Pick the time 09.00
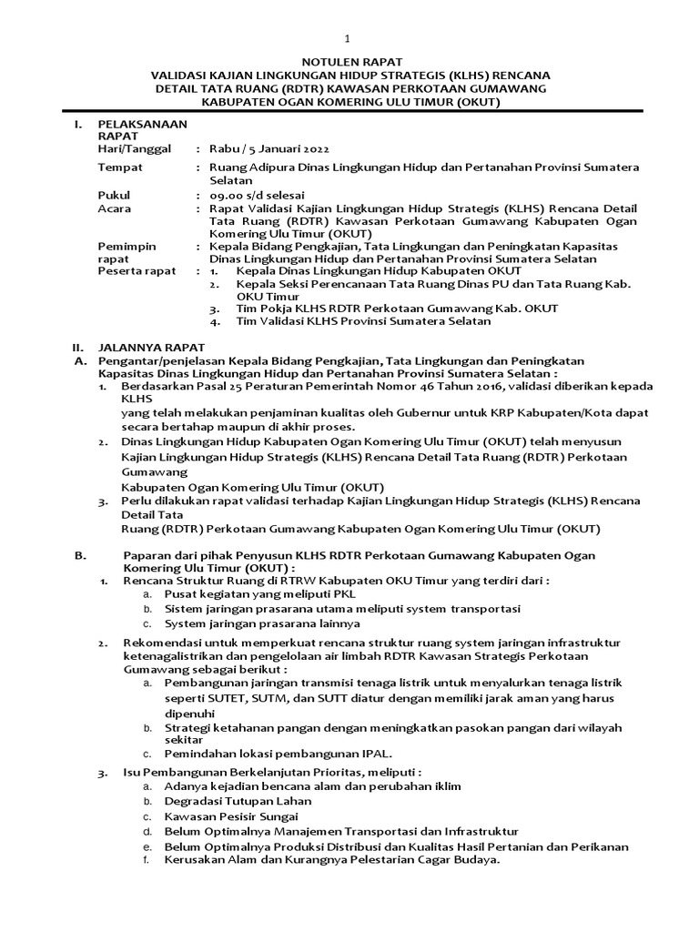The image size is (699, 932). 225,196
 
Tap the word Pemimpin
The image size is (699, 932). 127,246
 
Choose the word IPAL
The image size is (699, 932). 375,754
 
